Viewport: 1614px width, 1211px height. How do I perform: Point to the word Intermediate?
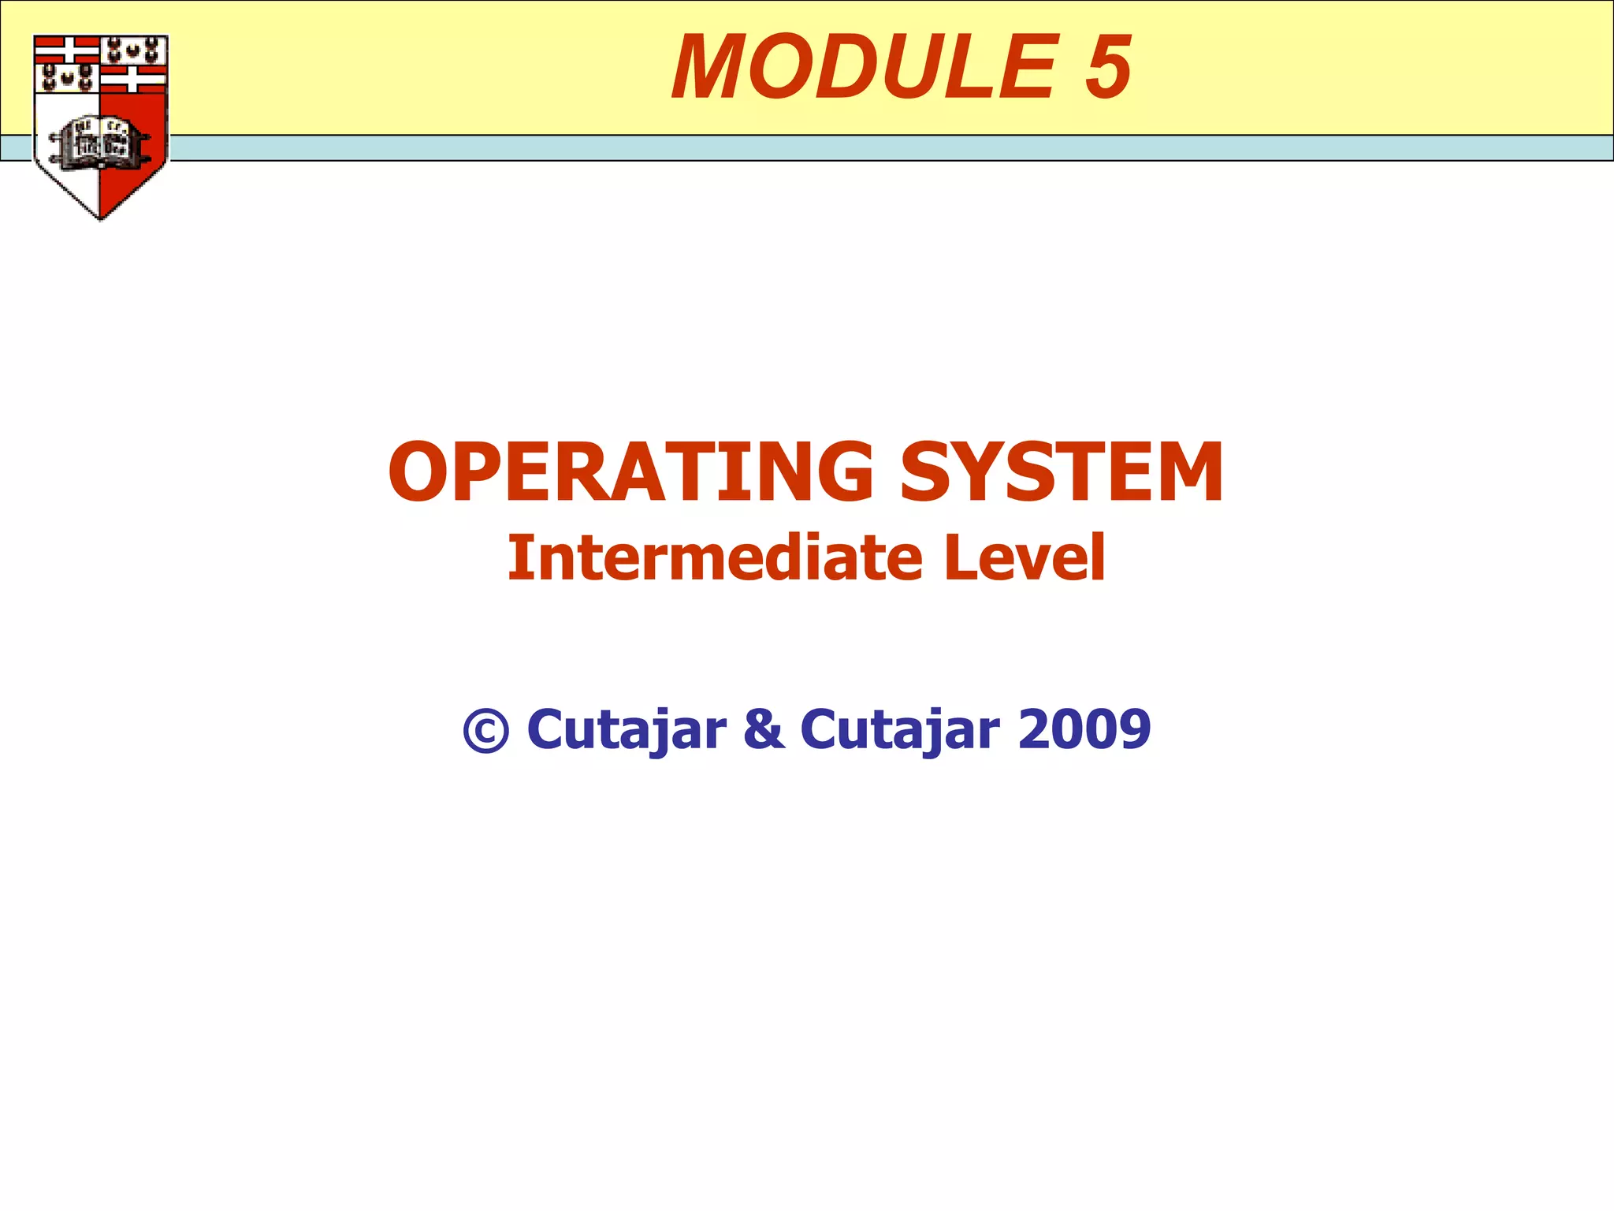714,558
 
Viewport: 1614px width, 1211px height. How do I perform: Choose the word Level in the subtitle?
1024,558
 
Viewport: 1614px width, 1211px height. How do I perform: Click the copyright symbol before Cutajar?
485,731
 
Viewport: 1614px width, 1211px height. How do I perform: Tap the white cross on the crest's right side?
133,78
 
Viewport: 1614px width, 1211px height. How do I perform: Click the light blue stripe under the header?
867,148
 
